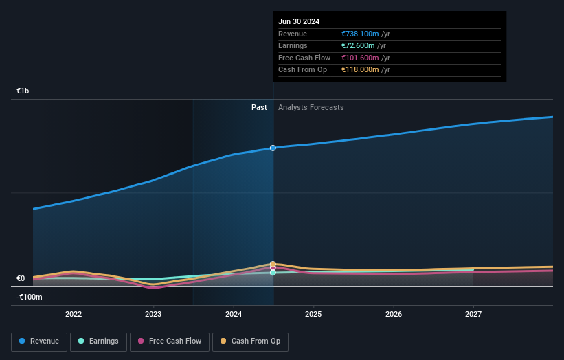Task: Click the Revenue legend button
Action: click(x=39, y=341)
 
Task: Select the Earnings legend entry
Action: click(x=99, y=341)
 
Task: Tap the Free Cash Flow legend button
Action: click(x=170, y=341)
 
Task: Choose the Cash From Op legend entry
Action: click(x=250, y=341)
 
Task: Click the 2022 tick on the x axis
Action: click(x=74, y=314)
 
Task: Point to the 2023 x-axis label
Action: click(x=153, y=314)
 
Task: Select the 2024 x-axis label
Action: click(x=234, y=314)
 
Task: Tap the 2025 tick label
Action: click(x=313, y=314)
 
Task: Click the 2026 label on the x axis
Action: click(x=394, y=314)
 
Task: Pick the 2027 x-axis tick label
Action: click(x=473, y=314)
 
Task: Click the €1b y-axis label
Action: click(x=23, y=91)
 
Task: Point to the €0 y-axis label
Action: click(x=21, y=278)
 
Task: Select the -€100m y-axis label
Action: click(x=30, y=297)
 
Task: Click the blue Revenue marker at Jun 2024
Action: click(x=273, y=148)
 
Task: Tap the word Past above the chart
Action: click(x=259, y=107)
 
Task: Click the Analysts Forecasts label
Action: click(x=311, y=107)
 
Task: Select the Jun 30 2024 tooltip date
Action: click(x=299, y=22)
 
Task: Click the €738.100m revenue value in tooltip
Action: click(x=358, y=34)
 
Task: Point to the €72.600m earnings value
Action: click(x=356, y=46)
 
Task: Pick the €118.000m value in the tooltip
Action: click(x=358, y=70)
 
